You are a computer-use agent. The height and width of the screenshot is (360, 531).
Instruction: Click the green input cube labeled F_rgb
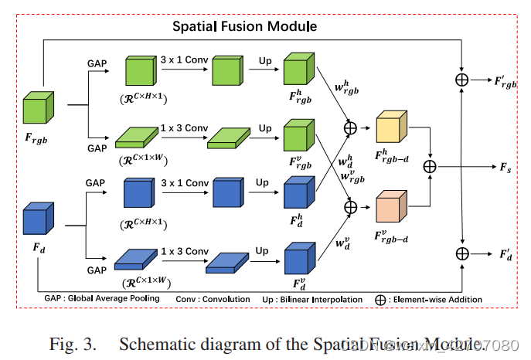pyautogui.click(x=37, y=107)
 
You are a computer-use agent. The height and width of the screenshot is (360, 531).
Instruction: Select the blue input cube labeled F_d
pyautogui.click(x=37, y=218)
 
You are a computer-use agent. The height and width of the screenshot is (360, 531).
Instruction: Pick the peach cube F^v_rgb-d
pyautogui.click(x=390, y=206)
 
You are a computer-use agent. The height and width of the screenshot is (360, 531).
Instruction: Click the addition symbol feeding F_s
pyautogui.click(x=430, y=167)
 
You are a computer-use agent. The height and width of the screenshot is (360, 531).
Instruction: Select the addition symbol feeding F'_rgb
pyautogui.click(x=461, y=80)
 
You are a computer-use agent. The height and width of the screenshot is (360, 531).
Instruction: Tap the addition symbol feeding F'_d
pyautogui.click(x=461, y=253)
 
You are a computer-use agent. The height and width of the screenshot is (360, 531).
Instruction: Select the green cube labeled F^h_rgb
pyautogui.click(x=298, y=72)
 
